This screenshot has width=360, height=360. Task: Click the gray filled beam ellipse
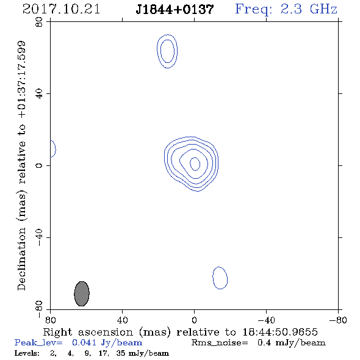[82, 293]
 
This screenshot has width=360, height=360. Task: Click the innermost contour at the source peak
[190, 164]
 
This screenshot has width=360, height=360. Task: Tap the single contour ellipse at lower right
[213, 278]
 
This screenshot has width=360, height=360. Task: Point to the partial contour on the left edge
[56, 149]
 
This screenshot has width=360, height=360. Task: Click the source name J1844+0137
[175, 10]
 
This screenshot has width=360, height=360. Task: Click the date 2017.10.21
[61, 9]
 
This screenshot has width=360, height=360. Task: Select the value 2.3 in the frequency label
[291, 9]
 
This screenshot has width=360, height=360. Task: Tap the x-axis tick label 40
[122, 320]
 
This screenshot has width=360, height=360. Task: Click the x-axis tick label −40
[266, 320]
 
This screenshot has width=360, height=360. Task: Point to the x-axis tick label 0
[194, 320]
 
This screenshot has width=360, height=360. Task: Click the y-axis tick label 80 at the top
[39, 22]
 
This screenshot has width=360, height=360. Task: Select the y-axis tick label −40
[39, 237]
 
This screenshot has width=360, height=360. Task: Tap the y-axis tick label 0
[39, 165]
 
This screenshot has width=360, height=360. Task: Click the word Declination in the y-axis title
[21, 259]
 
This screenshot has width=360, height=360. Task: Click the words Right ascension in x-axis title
[88, 332]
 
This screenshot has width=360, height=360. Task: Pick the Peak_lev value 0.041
[84, 342]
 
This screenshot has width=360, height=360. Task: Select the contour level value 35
[121, 353]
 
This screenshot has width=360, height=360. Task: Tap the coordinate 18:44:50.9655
[280, 332]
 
